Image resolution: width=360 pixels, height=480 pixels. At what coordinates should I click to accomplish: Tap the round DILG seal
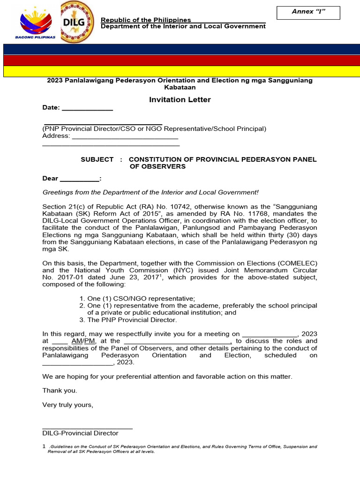tap(77, 22)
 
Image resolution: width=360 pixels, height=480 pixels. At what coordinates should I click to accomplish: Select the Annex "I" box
tap(308, 12)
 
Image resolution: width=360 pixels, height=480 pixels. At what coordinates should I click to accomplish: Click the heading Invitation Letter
tap(180, 99)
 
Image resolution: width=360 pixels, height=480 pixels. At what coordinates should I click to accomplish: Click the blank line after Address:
tap(125, 137)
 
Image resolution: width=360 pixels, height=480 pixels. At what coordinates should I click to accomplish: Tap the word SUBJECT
tap(97, 159)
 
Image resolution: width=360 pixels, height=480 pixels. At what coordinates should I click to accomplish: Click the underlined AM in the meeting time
tap(77, 341)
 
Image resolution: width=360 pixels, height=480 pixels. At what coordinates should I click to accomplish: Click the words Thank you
tap(60, 390)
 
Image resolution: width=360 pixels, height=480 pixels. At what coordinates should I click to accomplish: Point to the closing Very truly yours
tap(68, 405)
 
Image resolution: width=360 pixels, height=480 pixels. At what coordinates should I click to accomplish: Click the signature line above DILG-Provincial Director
tap(87, 427)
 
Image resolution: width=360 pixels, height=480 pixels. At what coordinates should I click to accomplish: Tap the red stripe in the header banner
tap(180, 60)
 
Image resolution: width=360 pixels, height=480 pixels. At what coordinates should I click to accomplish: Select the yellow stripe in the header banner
tap(180, 71)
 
